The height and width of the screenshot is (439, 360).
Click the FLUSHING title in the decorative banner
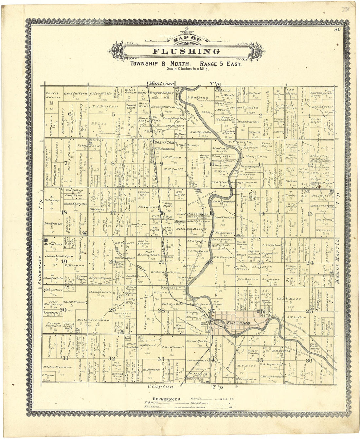[187, 51]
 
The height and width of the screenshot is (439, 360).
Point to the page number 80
[337, 30]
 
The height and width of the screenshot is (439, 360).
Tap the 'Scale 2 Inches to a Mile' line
[187, 69]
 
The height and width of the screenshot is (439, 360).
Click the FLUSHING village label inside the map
[238, 323]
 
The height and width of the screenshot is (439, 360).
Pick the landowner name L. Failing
[197, 97]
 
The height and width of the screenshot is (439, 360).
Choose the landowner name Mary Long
[256, 157]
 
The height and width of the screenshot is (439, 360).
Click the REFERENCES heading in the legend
[167, 399]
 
